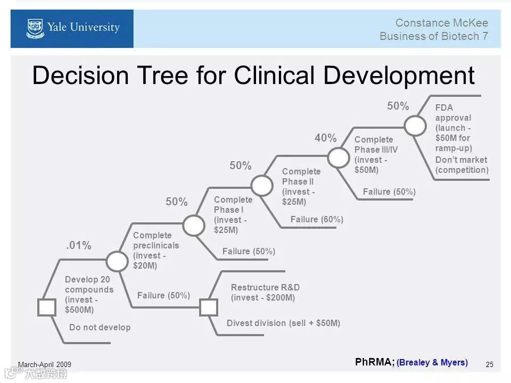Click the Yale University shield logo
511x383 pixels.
tap(35, 28)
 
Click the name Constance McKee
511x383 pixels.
tap(441, 22)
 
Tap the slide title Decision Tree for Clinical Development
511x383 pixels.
tap(253, 75)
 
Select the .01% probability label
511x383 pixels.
tap(79, 245)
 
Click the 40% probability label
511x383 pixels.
tap(325, 138)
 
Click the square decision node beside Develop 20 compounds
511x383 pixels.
tap(46, 307)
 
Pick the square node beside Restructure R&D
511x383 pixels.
tap(209, 307)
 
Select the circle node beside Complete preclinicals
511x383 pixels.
tap(117, 261)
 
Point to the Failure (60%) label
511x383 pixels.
tap(317, 219)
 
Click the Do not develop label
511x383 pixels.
tap(100, 327)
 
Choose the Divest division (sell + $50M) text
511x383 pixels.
tap(283, 323)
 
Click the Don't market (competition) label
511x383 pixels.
tap(461, 165)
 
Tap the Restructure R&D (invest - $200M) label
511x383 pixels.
tap(265, 293)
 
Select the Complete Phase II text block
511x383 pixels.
tap(301, 187)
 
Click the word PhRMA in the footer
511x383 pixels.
tap(374, 362)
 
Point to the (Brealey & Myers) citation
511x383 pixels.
tap(432, 363)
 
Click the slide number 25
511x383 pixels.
tap(490, 364)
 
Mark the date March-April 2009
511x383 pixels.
tap(45, 364)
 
